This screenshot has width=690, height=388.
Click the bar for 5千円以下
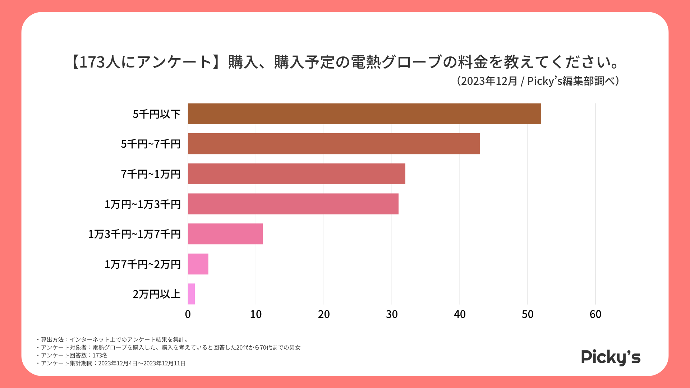point(364,114)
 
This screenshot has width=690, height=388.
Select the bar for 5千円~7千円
point(334,144)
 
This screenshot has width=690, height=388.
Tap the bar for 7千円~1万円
point(296,174)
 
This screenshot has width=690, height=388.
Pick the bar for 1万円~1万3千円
point(293,204)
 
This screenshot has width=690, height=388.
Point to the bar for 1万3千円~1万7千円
point(225,234)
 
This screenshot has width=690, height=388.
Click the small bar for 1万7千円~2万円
point(198,264)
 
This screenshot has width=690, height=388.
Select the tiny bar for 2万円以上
point(191,294)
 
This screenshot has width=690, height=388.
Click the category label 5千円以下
point(157,114)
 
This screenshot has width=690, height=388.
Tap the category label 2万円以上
point(157,294)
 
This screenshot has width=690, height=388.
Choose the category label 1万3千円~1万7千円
point(134,234)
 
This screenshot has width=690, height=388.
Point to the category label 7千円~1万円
point(151,174)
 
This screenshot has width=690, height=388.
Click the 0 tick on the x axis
point(188,314)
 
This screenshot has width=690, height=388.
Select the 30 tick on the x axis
point(392,314)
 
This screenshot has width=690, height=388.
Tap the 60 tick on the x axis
point(595,314)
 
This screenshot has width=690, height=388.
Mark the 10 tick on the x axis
point(256,314)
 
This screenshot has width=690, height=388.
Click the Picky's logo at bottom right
point(611,357)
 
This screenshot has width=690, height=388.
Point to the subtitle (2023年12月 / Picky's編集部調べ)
point(538,81)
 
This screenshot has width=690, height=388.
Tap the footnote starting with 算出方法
point(114,339)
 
